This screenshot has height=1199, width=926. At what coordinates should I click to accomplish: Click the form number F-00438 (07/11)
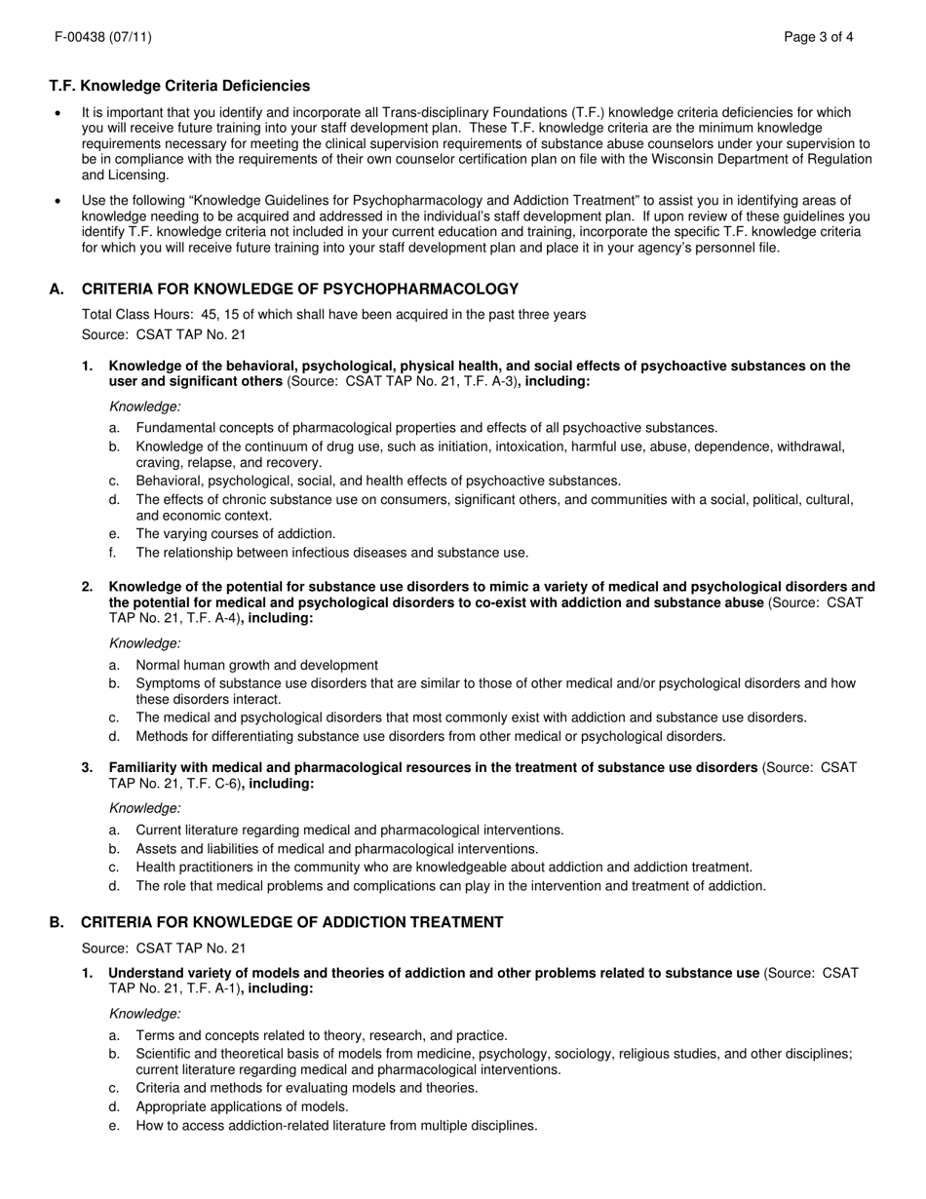[102, 38]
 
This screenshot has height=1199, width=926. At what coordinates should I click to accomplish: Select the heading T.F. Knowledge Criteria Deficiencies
[179, 87]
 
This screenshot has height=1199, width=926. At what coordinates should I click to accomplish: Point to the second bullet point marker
[60, 201]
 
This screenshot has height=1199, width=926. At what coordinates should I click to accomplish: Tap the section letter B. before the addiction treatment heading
[58, 922]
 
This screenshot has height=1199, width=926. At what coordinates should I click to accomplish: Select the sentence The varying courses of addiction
[236, 534]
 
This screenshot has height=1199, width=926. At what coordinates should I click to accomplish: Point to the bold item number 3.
[87, 768]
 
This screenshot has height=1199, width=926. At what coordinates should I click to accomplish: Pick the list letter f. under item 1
[113, 553]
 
